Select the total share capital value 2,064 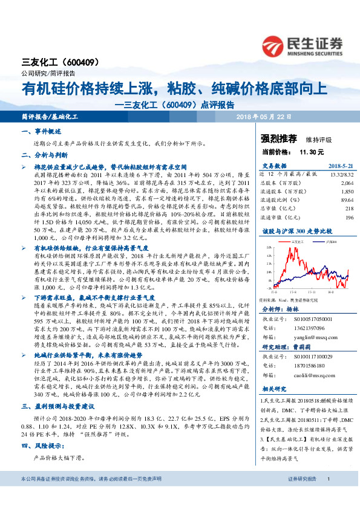347,182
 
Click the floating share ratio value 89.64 346,199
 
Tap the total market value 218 349,208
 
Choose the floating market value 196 349,217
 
